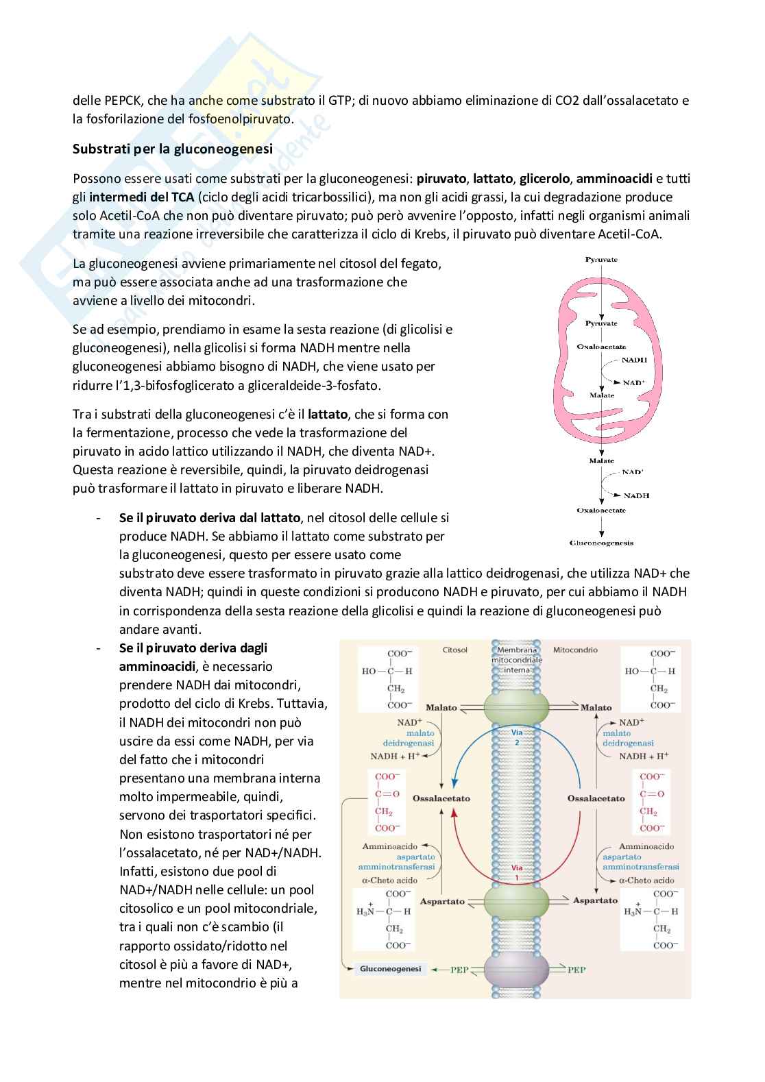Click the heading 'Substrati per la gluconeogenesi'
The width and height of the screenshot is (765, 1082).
tap(173, 149)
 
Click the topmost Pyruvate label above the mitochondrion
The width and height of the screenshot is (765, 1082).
tap(601, 260)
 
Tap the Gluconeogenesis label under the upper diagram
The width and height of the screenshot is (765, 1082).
tap(601, 543)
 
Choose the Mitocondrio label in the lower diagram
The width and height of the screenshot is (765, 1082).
tap(575, 649)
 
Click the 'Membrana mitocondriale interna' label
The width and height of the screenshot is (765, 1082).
tap(518, 659)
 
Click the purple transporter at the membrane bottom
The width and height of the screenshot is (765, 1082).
tap(517, 970)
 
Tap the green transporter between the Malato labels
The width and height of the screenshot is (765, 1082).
tap(517, 706)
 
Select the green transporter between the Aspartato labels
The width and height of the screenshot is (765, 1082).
tap(517, 900)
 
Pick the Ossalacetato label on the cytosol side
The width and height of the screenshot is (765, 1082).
tap(441, 798)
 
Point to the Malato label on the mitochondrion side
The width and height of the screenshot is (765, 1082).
tap(596, 707)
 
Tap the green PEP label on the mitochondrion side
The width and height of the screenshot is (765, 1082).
tap(576, 970)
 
